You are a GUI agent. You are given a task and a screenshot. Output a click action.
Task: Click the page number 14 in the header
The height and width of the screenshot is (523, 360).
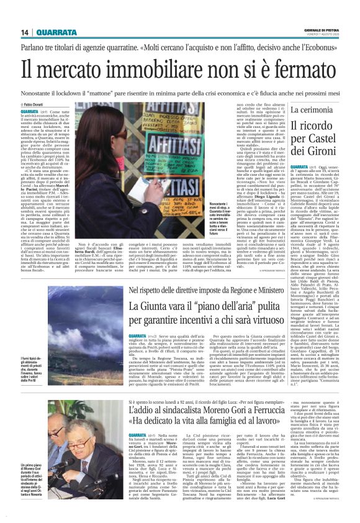click(x=25, y=32)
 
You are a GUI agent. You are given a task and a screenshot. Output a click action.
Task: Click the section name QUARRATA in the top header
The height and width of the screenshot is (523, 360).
click(x=56, y=32)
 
